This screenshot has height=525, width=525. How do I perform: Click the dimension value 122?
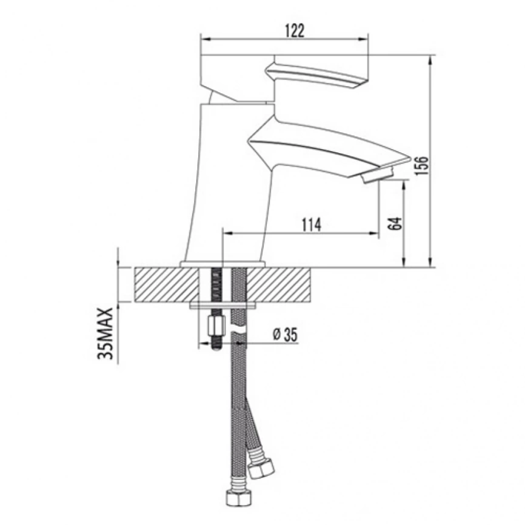point(295,31)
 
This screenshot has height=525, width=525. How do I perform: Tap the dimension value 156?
point(421,166)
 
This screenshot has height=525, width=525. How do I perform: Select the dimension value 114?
point(312,225)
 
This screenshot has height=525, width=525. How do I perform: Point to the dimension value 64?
point(395,223)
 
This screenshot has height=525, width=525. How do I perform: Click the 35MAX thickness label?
point(105,333)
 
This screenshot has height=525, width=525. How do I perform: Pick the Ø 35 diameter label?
point(286,335)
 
